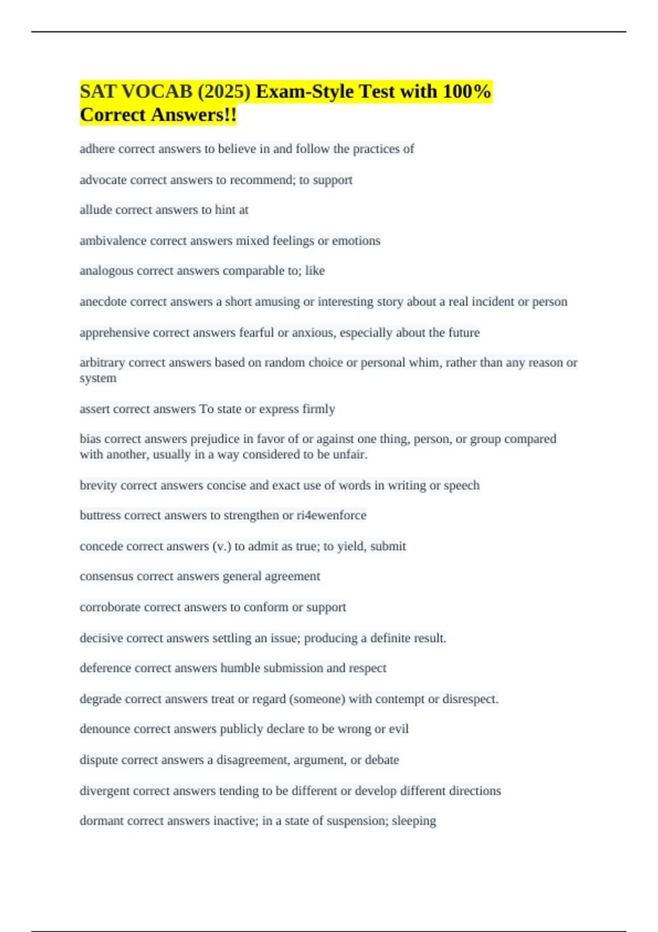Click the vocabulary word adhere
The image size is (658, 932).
coord(97,149)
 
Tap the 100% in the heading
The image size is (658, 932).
coord(467,92)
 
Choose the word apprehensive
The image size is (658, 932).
coord(114,333)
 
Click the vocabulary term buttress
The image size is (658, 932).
coord(100,515)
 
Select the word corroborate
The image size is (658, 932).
coord(110,607)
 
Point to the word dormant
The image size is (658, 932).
coord(100,821)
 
